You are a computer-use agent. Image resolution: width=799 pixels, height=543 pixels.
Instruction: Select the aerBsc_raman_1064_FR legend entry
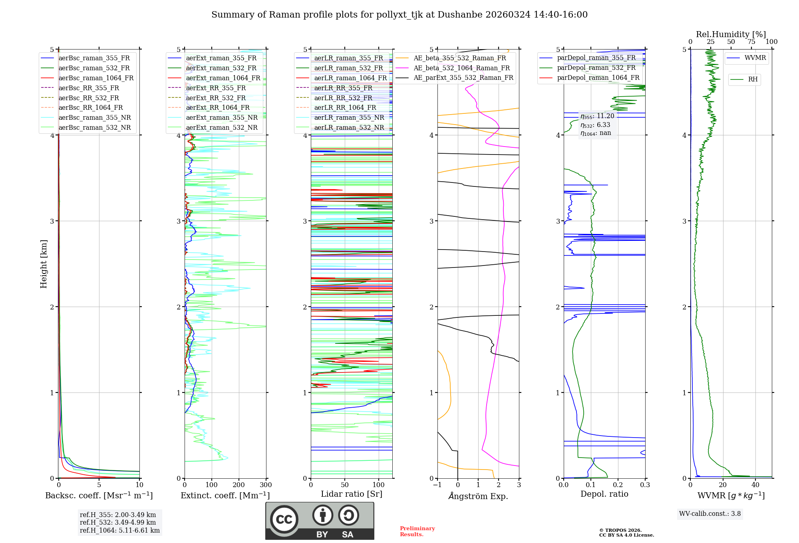(x=96, y=78)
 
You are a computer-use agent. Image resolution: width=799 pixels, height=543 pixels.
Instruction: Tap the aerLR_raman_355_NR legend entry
(x=349, y=117)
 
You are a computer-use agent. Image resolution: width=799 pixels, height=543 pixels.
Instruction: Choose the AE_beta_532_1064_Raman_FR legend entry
(x=461, y=68)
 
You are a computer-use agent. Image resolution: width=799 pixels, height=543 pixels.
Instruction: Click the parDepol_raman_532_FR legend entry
(x=596, y=67)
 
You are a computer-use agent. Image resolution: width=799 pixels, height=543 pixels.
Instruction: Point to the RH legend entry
(x=753, y=79)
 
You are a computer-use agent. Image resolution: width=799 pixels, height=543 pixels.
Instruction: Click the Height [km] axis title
(x=44, y=264)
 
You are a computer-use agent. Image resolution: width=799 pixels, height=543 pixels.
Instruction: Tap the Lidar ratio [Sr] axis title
(x=352, y=494)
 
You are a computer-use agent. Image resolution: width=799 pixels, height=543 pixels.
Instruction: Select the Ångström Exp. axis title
(x=478, y=496)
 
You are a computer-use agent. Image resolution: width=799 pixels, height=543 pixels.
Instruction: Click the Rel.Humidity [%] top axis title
(x=731, y=34)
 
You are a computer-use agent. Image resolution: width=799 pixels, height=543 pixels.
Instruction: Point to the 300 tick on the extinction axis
(x=266, y=485)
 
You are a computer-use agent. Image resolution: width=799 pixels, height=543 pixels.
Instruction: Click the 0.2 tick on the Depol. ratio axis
(x=618, y=485)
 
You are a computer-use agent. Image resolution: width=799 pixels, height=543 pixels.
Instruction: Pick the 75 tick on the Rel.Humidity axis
(x=751, y=42)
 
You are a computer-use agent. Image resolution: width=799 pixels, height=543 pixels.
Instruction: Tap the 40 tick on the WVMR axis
(x=755, y=485)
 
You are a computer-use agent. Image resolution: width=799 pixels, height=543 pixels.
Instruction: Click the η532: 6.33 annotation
(x=595, y=125)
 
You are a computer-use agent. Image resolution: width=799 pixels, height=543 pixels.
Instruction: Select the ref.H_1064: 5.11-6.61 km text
(x=119, y=530)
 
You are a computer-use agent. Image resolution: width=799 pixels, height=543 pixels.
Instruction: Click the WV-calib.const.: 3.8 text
(x=710, y=514)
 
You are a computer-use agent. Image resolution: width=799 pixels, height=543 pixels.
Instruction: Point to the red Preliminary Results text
(x=417, y=531)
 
